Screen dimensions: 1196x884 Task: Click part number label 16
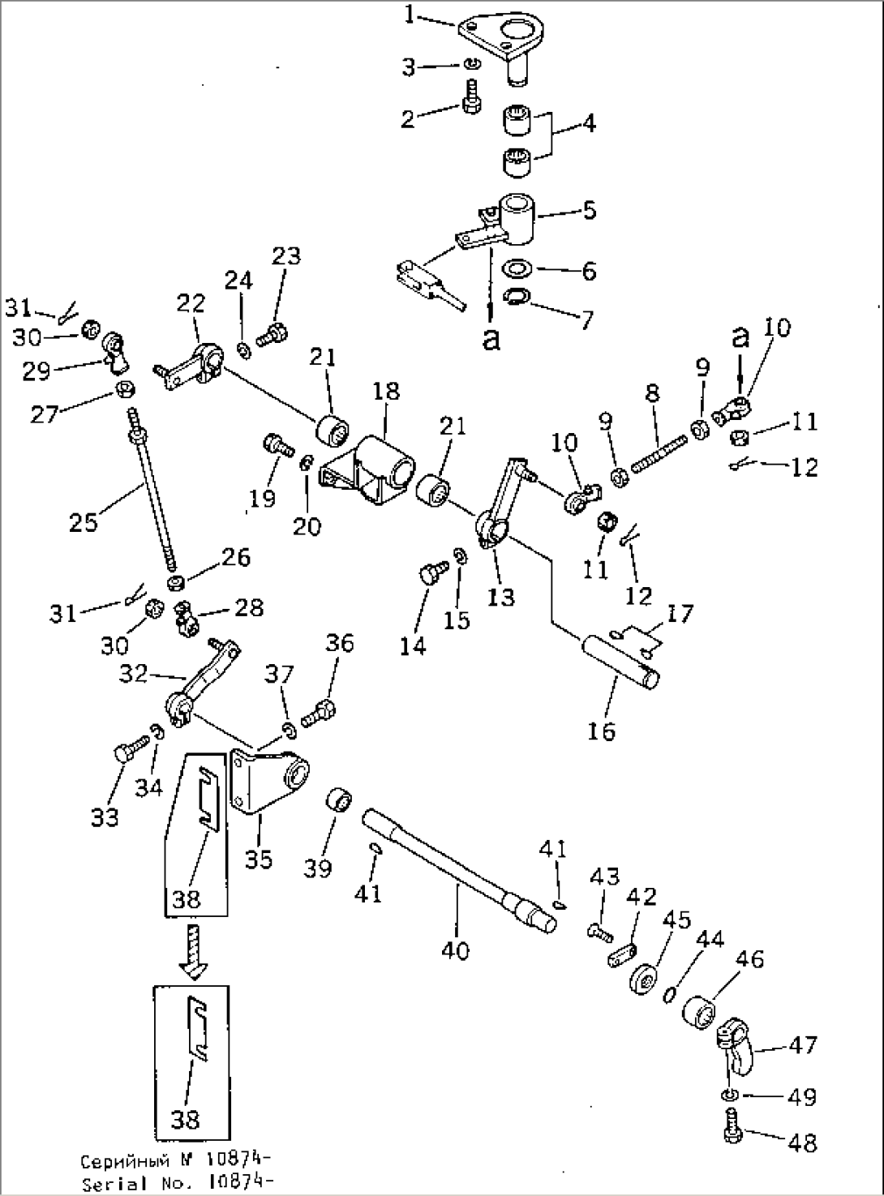click(x=603, y=730)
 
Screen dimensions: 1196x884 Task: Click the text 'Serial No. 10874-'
click(x=176, y=1185)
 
